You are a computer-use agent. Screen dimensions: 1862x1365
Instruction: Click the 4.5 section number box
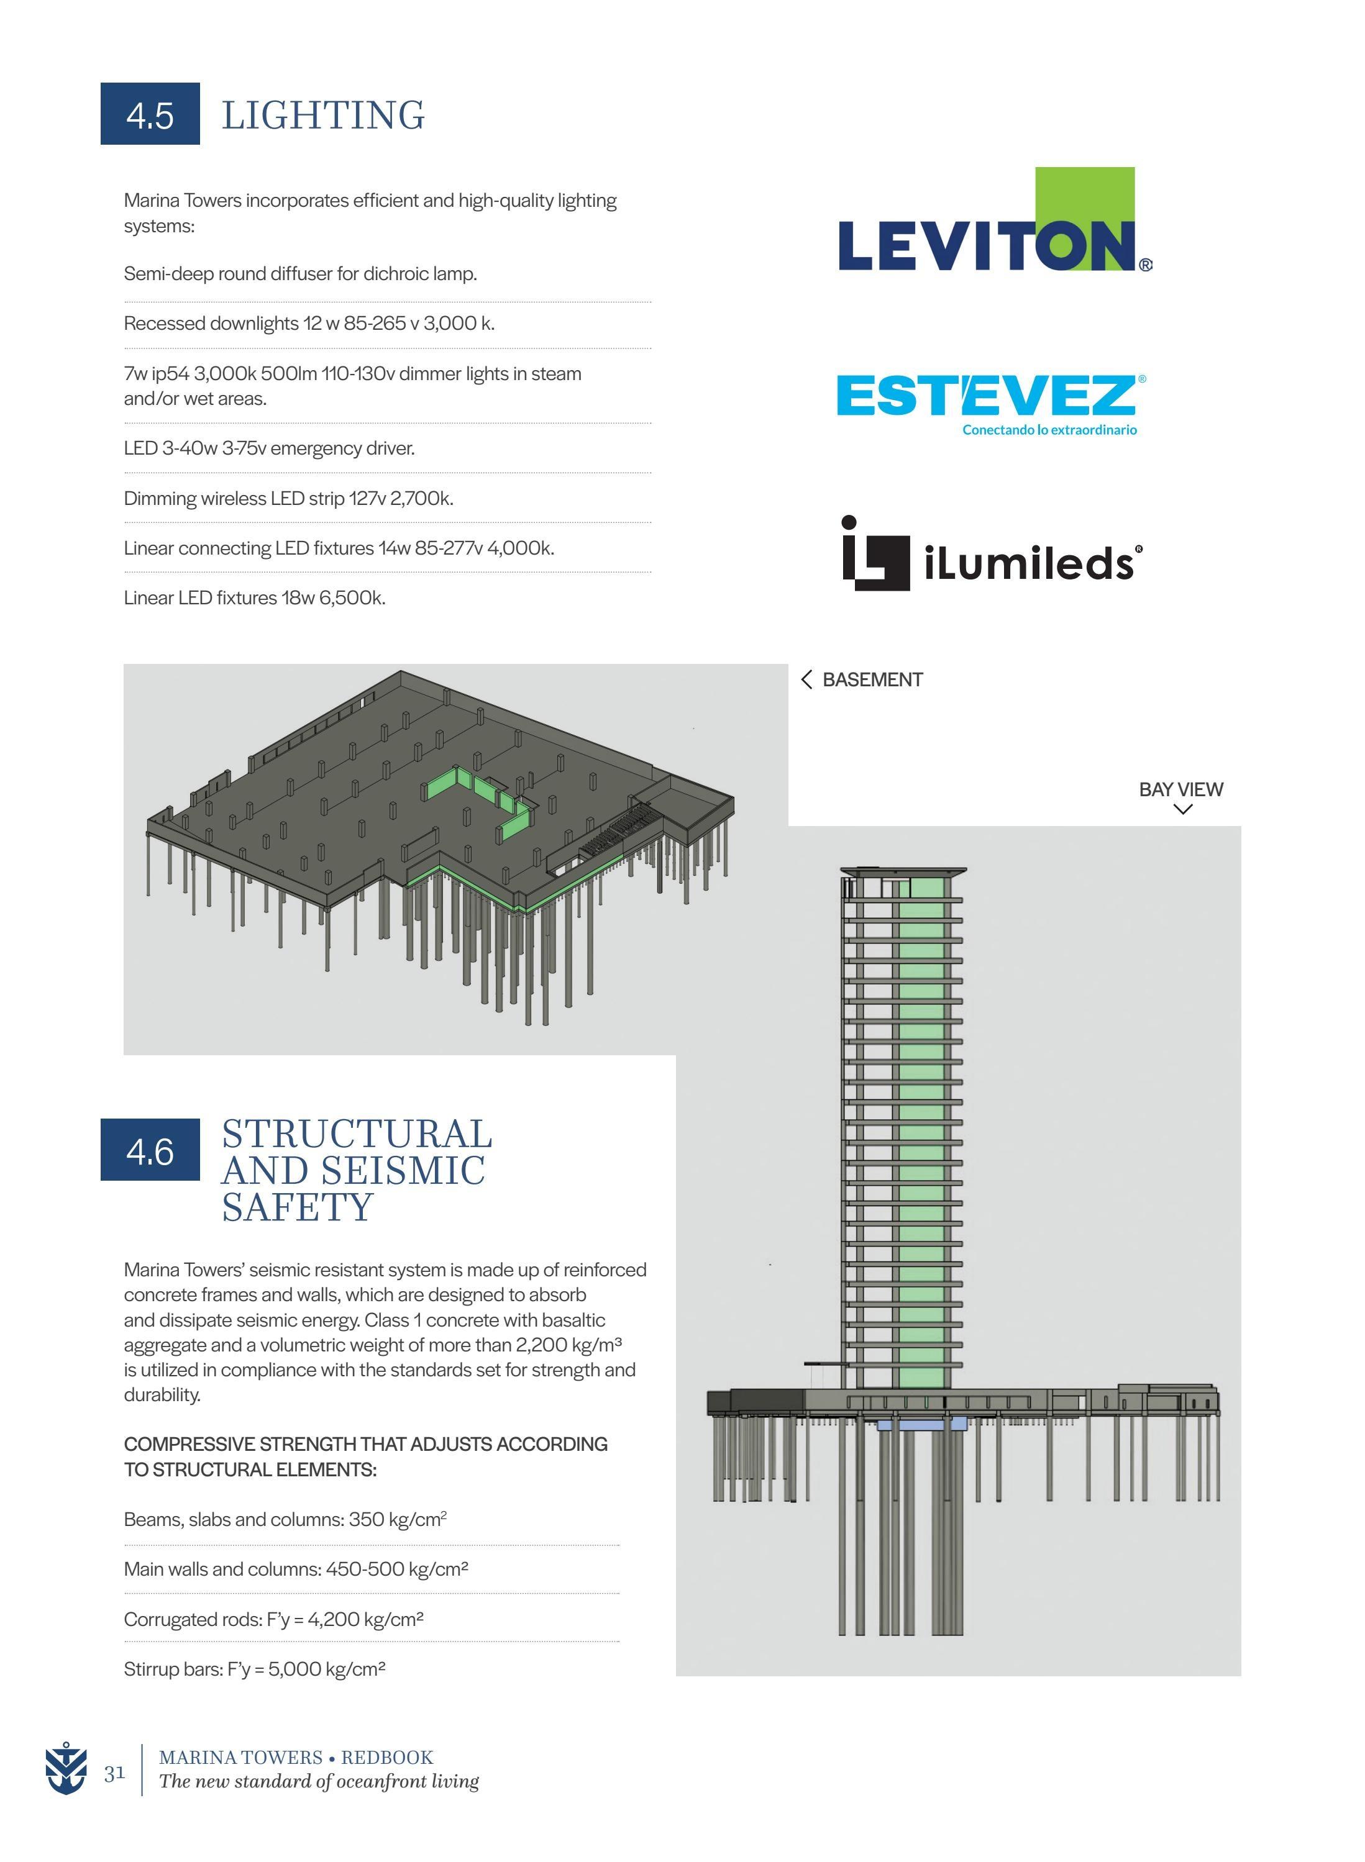pos(150,114)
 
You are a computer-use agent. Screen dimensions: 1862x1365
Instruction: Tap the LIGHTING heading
pos(323,115)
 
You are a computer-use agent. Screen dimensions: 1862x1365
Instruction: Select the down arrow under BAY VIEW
pos(1182,809)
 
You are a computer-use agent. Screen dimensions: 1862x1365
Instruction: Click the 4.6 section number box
pos(150,1150)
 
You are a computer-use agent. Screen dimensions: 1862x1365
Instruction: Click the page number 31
pos(114,1773)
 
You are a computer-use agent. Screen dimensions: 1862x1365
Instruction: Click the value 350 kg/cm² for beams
pos(398,1519)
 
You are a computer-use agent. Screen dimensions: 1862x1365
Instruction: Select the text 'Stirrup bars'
pos(173,1669)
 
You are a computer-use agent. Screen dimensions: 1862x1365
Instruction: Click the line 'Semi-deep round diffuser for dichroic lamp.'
pos(300,273)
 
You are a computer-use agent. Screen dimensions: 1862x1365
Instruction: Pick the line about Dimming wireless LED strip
pos(288,498)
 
